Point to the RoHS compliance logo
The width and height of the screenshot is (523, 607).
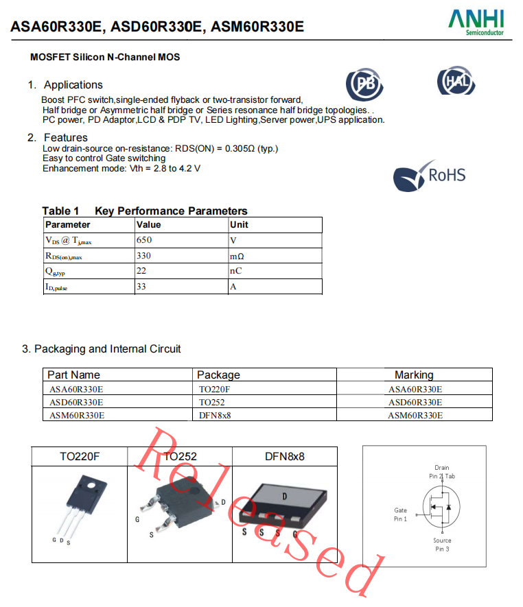tap(430, 176)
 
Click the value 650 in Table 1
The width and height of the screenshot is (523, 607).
tap(144, 240)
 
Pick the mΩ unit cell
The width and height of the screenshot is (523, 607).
tap(237, 256)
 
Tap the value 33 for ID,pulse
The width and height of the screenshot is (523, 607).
tap(141, 287)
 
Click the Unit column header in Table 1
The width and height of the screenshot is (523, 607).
tap(239, 224)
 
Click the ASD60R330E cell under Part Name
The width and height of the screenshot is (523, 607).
tap(76, 402)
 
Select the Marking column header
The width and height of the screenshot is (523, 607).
tap(414, 374)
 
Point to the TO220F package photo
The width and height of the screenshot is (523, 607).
tap(78, 508)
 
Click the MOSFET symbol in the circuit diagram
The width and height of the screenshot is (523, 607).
tap(439, 508)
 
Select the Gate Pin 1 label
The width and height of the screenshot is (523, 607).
tap(400, 514)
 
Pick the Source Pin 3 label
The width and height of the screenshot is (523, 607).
tap(442, 545)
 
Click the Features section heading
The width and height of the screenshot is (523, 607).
tap(65, 137)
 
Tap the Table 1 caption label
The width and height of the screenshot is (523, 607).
tap(60, 211)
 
